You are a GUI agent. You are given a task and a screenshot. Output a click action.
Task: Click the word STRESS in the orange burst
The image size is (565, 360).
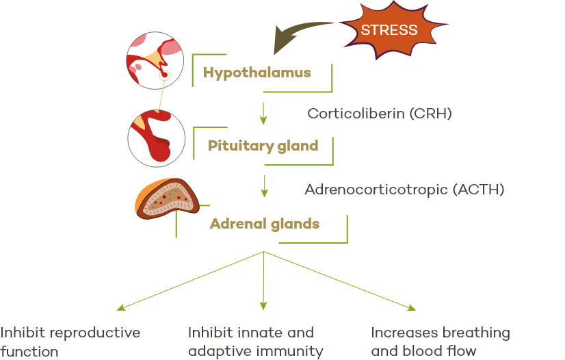[x=389, y=30]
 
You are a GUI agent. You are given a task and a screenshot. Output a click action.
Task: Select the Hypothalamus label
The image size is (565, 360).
[x=257, y=73]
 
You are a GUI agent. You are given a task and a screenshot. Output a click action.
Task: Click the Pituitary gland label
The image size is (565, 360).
[x=263, y=146]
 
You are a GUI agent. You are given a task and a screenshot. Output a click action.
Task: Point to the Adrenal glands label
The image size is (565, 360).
[x=265, y=224]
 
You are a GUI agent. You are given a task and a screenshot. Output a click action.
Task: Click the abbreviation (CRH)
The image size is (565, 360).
[x=430, y=114]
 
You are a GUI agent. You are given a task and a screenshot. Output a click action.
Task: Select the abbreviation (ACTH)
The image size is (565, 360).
[x=478, y=190]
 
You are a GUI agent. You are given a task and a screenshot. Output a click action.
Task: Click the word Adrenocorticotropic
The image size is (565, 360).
[x=376, y=190]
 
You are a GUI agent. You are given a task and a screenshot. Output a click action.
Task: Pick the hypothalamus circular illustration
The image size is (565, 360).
[x=155, y=60]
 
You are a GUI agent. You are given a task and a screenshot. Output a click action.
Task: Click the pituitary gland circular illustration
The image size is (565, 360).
[x=157, y=138]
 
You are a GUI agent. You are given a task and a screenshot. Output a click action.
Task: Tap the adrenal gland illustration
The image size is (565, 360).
[x=167, y=198]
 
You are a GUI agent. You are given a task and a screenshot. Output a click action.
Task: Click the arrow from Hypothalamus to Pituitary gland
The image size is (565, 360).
[x=263, y=114]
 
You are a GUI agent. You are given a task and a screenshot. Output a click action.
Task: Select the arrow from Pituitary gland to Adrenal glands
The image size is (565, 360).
[x=265, y=186]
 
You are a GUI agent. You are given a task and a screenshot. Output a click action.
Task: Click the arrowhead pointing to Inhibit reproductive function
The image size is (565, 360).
[x=120, y=307]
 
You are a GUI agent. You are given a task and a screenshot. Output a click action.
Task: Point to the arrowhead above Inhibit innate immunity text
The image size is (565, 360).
[x=263, y=306]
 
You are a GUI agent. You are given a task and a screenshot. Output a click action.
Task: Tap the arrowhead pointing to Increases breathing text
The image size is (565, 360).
[x=412, y=307]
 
